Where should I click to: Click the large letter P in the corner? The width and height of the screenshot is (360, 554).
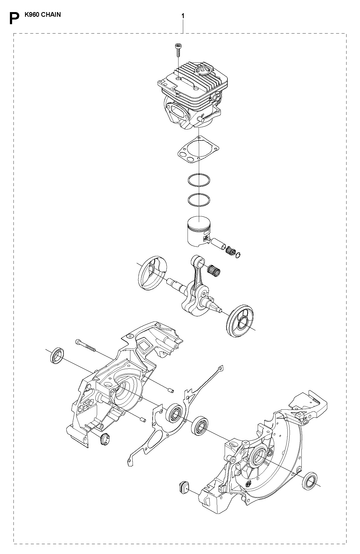14,18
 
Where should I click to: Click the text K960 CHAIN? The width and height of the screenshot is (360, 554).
42,14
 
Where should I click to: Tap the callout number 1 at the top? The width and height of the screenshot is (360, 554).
183,16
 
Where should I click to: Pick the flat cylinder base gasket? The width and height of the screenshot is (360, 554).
198,152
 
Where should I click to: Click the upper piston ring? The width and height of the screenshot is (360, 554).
199,181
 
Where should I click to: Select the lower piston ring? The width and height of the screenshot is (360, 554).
199,200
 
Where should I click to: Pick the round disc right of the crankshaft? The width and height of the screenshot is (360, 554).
240,320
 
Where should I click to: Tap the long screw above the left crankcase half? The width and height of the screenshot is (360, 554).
85,346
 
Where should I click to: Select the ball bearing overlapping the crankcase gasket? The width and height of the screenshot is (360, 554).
175,412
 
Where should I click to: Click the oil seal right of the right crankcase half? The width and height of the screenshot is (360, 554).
310,481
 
